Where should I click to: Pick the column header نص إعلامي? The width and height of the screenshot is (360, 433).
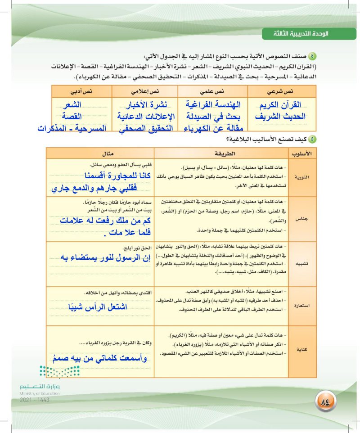[144, 91]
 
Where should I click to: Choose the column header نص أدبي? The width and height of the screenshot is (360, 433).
[81, 91]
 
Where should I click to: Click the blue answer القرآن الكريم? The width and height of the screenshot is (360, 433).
[278, 105]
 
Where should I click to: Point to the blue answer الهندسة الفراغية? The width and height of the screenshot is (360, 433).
[213, 105]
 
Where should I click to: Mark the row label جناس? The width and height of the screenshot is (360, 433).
[301, 218]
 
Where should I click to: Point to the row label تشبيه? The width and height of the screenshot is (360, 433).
[301, 263]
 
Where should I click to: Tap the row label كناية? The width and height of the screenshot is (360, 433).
[301, 348]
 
